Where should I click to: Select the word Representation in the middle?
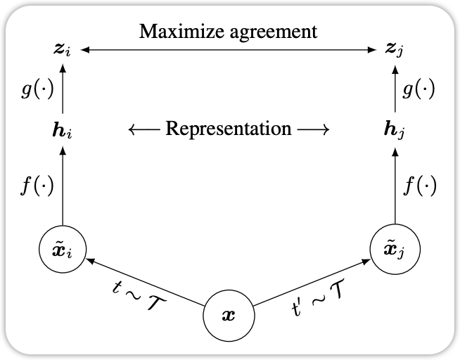pos(229,129)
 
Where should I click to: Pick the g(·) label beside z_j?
pos(419,89)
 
